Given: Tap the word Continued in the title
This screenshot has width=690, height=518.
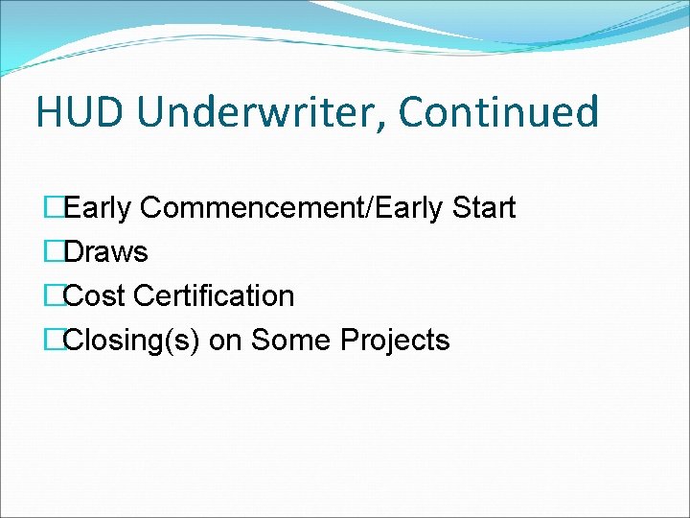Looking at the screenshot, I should (x=498, y=112).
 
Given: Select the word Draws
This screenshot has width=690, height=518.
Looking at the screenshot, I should (x=105, y=252).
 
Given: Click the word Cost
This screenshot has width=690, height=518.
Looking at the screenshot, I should (x=95, y=296).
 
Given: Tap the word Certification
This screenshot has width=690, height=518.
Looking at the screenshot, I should (x=214, y=296).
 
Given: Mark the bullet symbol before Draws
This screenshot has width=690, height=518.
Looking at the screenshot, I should (x=52, y=252).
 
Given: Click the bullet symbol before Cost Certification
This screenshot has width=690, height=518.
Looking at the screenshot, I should (x=52, y=296).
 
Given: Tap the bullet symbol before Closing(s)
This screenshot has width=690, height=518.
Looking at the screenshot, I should (x=52, y=341).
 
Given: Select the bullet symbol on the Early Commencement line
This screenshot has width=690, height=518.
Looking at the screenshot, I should (x=52, y=208).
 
